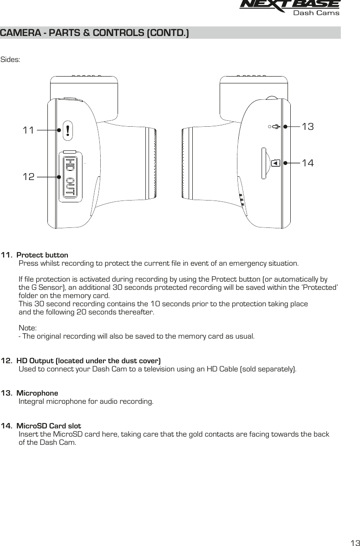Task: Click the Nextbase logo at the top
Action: pos(289,4)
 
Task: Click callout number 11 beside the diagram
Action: pos(29,130)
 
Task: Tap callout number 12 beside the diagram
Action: pos(29,176)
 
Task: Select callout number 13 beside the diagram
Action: pos(308,127)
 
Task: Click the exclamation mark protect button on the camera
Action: pos(67,130)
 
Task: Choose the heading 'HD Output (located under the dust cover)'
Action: pos(88,361)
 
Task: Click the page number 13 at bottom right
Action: pos(354,542)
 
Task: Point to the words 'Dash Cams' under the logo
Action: pos(316,13)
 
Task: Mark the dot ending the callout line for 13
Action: pos(285,127)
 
